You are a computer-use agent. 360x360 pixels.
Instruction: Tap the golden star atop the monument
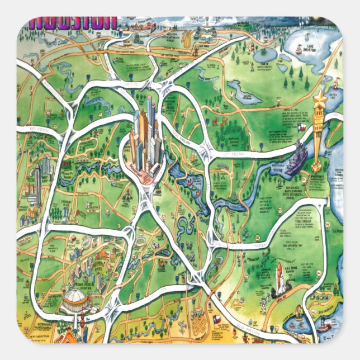tap(320, 100)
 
